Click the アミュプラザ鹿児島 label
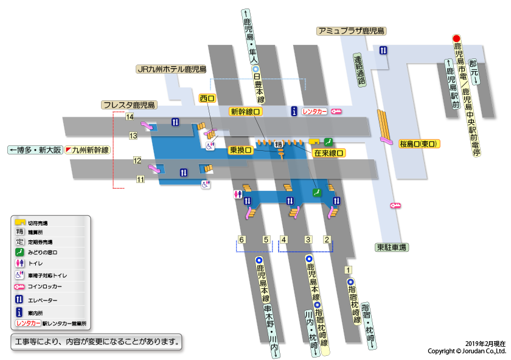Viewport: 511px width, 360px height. [352, 30]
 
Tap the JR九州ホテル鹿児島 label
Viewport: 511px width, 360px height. [172, 69]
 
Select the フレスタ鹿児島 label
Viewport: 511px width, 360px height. [130, 105]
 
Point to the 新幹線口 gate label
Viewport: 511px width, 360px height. [246, 112]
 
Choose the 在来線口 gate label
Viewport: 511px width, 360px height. [328, 154]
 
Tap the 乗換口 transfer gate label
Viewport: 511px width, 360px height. [240, 150]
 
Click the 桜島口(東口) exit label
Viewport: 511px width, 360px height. [420, 144]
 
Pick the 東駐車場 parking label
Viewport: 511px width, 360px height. [391, 247]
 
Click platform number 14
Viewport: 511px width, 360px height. [130, 117]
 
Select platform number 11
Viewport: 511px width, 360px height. [141, 179]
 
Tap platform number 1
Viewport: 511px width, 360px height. [348, 270]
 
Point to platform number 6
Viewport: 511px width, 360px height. [242, 240]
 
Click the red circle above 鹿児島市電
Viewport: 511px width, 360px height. [457, 38]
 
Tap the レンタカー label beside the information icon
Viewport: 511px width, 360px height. [315, 111]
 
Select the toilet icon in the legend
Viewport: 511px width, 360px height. [19, 263]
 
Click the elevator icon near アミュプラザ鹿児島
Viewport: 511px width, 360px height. [383, 50]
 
